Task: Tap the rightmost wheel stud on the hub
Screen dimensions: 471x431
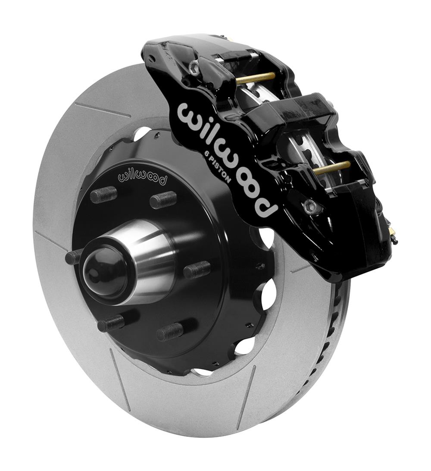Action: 197,270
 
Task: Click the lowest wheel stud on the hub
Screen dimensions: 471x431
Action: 170,332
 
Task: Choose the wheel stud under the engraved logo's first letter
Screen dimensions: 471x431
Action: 103,195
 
